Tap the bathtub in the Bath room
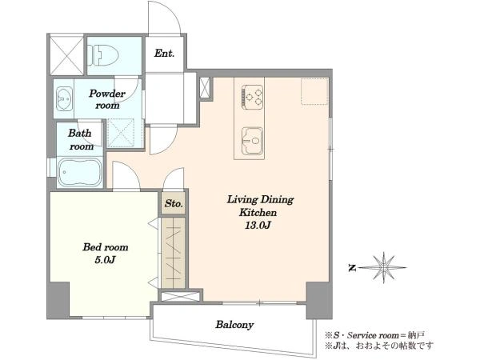[x=80, y=172]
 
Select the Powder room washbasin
[x=65, y=98]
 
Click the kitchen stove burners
[x=253, y=97]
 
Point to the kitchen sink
[x=252, y=141]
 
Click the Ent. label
[x=164, y=54]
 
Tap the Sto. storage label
[x=174, y=203]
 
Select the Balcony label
[x=234, y=325]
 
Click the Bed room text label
[x=106, y=247]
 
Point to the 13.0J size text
[x=258, y=226]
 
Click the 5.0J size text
[x=105, y=260]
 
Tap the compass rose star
[x=383, y=267]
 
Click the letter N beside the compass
[x=352, y=268]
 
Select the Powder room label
[x=107, y=99]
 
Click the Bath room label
[x=80, y=139]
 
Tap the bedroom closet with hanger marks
[x=174, y=253]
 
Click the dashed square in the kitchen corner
[x=314, y=91]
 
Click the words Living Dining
[x=260, y=200]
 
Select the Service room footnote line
[x=374, y=334]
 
